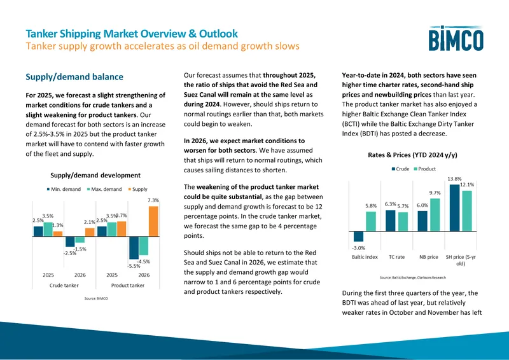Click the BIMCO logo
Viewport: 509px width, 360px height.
point(456,38)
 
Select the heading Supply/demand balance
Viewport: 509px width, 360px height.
point(74,77)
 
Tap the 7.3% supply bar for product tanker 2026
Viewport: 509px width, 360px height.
point(153,221)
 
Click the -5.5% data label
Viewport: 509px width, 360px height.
point(134,266)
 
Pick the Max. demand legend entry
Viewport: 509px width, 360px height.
point(104,189)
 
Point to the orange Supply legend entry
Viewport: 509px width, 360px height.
point(138,189)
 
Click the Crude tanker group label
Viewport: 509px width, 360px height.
point(64,286)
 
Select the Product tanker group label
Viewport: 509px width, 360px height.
point(128,286)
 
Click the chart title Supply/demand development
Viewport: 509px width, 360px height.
point(95,176)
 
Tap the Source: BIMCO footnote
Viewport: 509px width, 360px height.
point(96,298)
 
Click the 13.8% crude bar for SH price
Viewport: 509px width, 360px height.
point(454,208)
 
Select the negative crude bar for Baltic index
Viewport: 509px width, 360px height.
point(358,237)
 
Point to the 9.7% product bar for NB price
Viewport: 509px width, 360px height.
point(435,215)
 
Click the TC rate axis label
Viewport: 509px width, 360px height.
point(396,257)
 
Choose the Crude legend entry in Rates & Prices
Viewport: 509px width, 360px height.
point(400,169)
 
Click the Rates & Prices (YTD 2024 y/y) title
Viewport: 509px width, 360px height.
point(412,155)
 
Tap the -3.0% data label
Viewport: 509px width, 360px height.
point(358,247)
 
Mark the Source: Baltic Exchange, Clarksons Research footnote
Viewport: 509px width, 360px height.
point(412,277)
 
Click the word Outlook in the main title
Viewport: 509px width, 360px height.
point(218,34)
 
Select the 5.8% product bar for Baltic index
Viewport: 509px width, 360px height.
point(371,221)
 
